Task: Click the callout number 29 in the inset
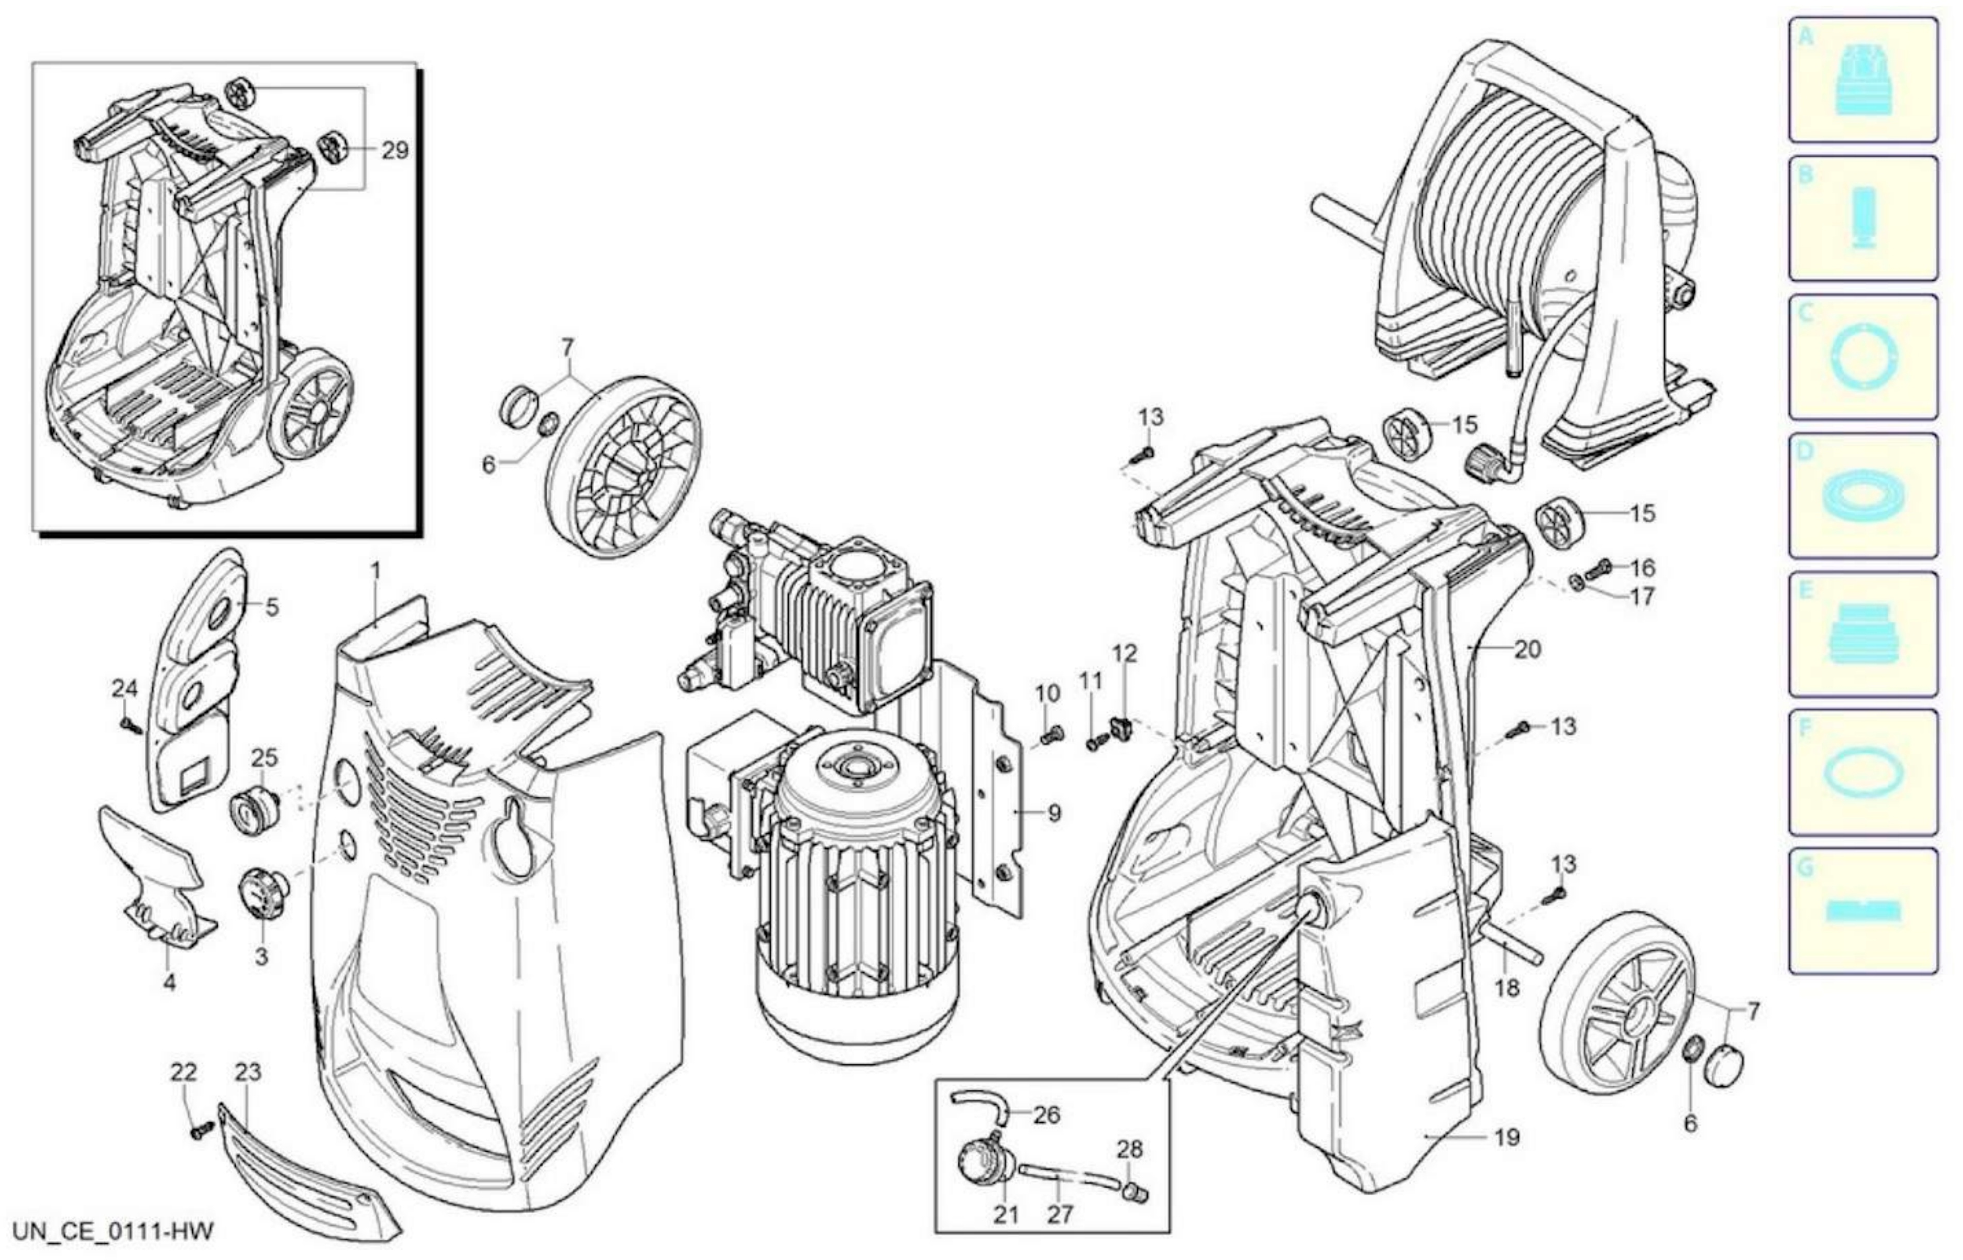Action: (x=395, y=151)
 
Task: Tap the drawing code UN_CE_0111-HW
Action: (x=113, y=1231)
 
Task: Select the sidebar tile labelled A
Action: (x=1862, y=79)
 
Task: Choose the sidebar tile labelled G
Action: (x=1862, y=911)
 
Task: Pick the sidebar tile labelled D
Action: (x=1862, y=495)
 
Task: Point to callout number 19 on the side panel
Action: (x=1507, y=1137)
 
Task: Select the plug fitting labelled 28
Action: (x=1135, y=1194)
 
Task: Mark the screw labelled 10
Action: (x=1051, y=736)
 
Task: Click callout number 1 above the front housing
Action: (x=375, y=570)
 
